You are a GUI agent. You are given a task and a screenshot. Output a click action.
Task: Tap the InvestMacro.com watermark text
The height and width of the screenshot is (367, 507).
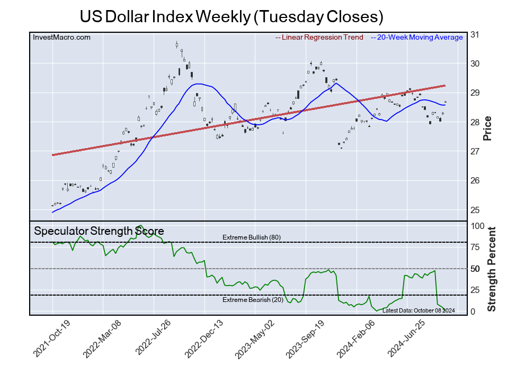coord(61,37)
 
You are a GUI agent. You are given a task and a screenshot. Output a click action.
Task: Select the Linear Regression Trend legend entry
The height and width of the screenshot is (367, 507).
coord(319,37)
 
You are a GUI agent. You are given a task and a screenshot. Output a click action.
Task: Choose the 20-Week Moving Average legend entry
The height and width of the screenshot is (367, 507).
coord(417,37)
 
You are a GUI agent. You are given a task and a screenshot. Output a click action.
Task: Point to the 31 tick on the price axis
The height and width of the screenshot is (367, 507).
coord(475,34)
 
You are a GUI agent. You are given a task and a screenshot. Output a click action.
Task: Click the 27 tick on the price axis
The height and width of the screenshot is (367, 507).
coord(475,151)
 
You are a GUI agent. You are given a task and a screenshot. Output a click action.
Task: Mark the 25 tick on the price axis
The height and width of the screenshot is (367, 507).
coord(475,210)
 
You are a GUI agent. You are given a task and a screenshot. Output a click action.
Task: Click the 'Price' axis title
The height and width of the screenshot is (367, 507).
coord(488,128)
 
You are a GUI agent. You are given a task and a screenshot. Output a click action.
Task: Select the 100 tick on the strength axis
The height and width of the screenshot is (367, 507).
coord(478,226)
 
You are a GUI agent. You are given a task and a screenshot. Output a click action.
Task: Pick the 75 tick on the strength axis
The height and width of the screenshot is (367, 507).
coord(476,247)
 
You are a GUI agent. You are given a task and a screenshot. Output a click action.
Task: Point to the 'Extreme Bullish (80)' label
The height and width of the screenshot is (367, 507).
coord(252,237)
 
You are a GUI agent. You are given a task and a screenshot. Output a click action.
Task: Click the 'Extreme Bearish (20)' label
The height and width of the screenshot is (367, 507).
coord(252,300)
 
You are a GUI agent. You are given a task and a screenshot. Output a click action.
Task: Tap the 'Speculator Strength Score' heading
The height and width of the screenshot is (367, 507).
coord(99,231)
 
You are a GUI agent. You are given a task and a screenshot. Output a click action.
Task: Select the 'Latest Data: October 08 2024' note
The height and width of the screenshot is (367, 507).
coord(418,310)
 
